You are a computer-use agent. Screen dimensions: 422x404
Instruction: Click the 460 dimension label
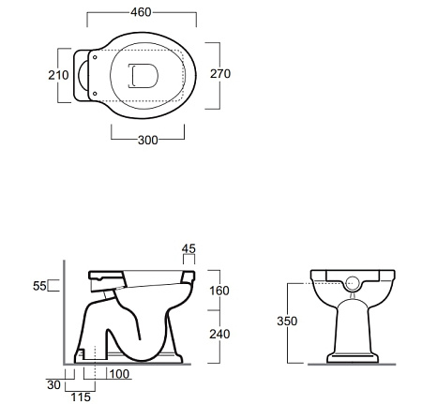[141, 12]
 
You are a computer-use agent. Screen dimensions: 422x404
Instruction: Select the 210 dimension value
[58, 75]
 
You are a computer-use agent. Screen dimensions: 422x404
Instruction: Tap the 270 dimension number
[220, 74]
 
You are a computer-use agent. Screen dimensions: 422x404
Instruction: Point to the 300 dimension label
[148, 140]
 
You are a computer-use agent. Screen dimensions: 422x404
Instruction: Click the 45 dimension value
[188, 248]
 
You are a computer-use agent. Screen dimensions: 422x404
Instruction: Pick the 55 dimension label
[39, 286]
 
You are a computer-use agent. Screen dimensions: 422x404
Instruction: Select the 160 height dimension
[219, 291]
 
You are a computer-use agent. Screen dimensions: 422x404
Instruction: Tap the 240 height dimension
[219, 334]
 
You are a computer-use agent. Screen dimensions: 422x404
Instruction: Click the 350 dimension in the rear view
[287, 321]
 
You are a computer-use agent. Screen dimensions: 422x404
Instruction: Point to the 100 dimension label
[119, 374]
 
